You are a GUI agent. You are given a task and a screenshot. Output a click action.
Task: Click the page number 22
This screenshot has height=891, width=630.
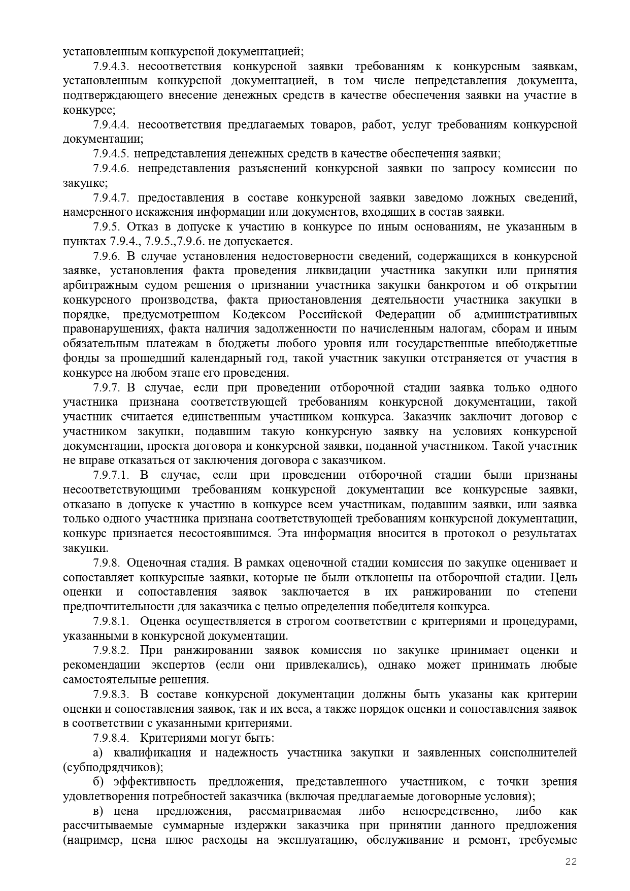[571, 862]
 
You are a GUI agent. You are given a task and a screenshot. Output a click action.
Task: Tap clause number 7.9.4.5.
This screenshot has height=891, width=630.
[112, 154]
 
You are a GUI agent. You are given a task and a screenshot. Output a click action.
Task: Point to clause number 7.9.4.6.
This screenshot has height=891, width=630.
[112, 169]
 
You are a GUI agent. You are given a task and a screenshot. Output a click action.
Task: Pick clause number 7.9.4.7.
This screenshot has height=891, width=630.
[112, 197]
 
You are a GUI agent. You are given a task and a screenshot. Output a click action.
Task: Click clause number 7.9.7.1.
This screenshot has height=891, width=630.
[112, 475]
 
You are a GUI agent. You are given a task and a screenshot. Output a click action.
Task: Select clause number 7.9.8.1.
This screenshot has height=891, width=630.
[112, 621]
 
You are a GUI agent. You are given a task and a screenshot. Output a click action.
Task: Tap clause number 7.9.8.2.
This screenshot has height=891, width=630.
[112, 650]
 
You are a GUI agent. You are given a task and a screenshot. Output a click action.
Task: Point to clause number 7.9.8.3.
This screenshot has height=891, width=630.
[112, 694]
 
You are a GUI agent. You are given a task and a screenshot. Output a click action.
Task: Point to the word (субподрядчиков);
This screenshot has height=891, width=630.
[113, 767]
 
